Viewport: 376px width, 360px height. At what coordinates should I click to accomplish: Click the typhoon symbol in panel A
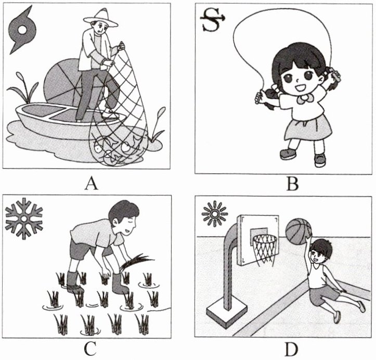click(x=22, y=30)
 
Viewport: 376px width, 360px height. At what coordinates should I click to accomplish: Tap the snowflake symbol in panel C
click(x=24, y=218)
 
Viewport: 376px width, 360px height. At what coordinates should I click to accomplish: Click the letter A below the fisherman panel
click(x=91, y=184)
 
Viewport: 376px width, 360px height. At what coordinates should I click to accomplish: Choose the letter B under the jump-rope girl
click(x=293, y=184)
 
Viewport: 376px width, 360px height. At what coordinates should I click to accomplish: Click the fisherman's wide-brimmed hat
click(x=101, y=19)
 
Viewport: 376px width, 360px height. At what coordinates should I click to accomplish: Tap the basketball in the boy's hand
click(x=299, y=231)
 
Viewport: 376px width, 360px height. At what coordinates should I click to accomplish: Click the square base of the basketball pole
click(x=227, y=314)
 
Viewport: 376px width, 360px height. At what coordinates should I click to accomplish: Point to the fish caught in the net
click(x=115, y=149)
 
